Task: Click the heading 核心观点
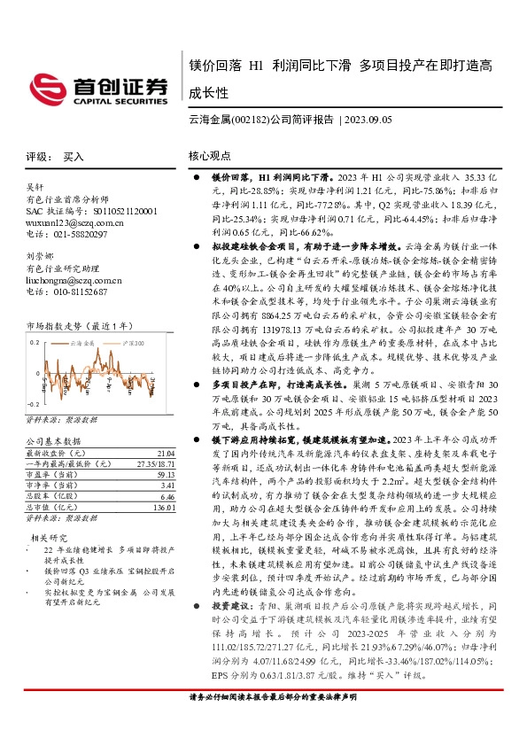click(x=209, y=157)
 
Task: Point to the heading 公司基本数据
click(x=54, y=440)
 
